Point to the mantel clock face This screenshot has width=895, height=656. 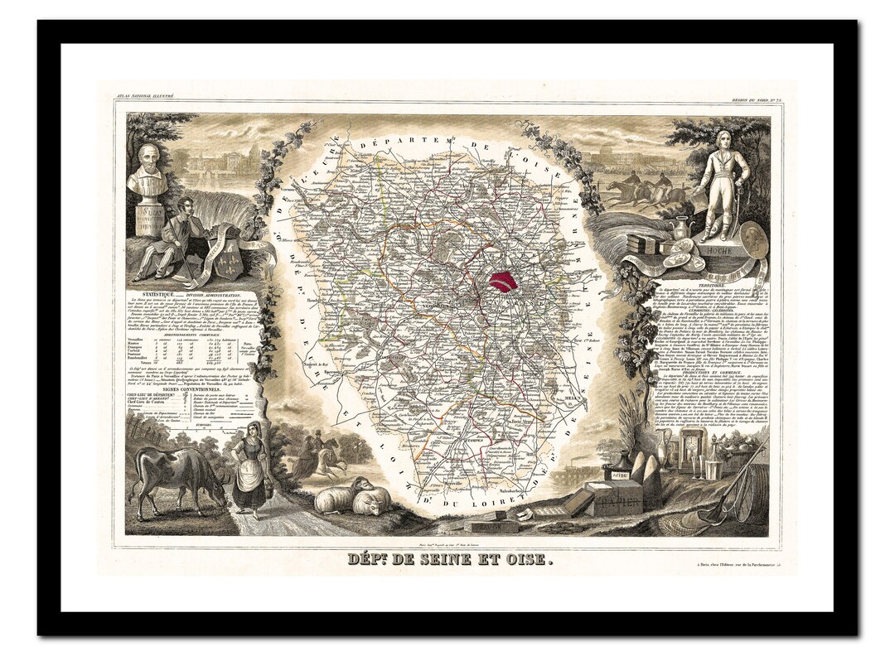point(685,448)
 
